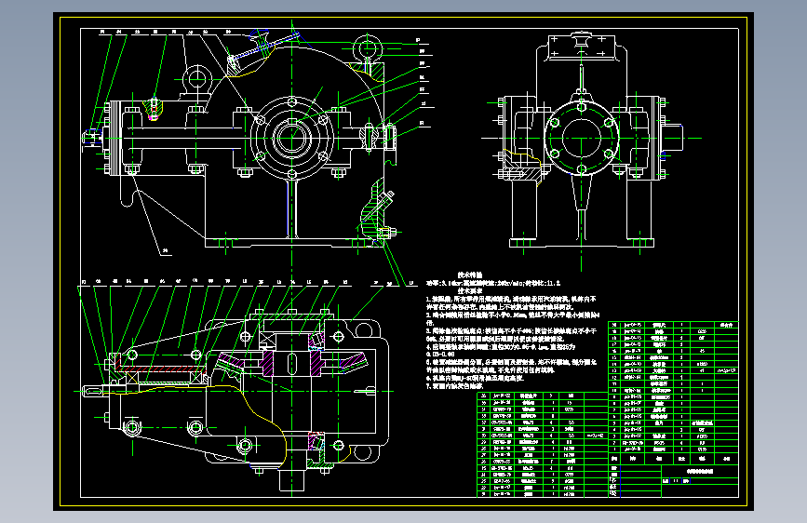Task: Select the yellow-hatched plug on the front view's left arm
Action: [x=155, y=116]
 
